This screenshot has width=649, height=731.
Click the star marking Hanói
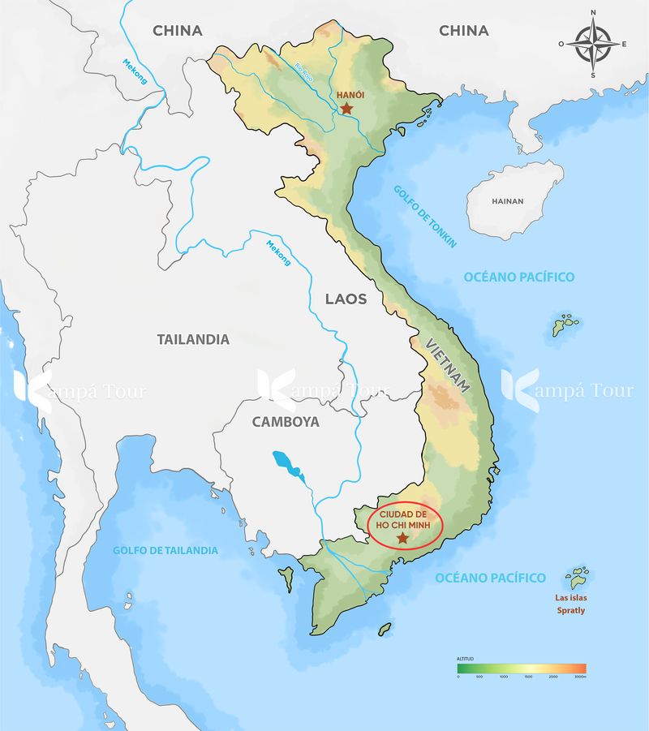coord(347,108)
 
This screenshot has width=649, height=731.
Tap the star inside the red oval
coord(402,537)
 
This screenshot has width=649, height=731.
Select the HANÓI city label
coord(350,95)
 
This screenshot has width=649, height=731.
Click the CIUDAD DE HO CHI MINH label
coord(403,519)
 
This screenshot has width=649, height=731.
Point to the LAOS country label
coord(346,299)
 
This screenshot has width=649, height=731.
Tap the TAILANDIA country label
coord(193,339)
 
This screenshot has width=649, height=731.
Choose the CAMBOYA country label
coord(286,422)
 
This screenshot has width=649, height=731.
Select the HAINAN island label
coord(508,201)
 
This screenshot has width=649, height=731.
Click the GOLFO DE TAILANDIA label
coord(165,550)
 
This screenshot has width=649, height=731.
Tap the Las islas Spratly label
coord(570,605)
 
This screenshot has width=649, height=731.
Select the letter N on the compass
coord(593,12)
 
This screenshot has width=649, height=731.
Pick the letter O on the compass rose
coord(562,44)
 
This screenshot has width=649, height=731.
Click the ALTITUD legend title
coord(464,659)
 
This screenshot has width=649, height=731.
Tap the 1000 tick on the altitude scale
coord(503,677)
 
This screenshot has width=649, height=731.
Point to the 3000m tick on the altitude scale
coord(579,677)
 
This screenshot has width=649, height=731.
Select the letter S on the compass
coord(593,75)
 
